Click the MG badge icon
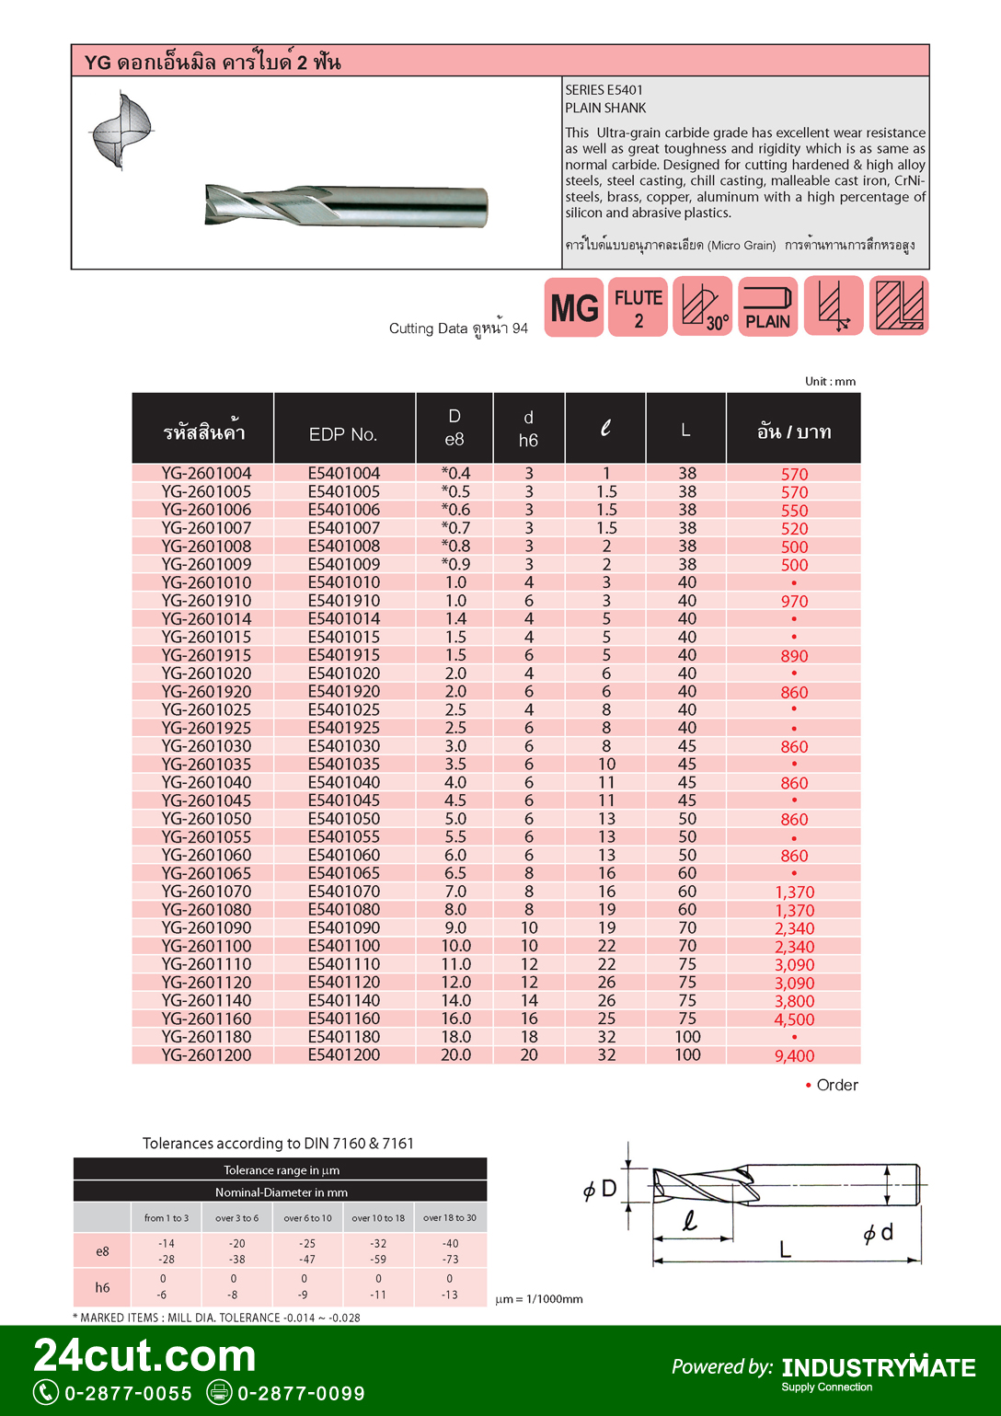click(574, 307)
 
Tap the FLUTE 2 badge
click(638, 307)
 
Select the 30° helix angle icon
click(703, 306)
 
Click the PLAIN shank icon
click(767, 307)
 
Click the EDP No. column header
click(343, 434)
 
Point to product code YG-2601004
click(206, 473)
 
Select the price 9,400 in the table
click(794, 1056)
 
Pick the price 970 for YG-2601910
click(794, 602)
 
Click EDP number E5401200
click(344, 1055)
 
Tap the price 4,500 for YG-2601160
click(794, 1019)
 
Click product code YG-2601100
click(206, 946)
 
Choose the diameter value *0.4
click(455, 473)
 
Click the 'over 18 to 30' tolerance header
click(450, 1218)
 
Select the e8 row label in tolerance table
click(102, 1251)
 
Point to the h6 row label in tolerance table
click(102, 1287)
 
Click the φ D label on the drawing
click(600, 1190)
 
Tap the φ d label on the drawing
click(879, 1234)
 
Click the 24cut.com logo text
click(145, 1356)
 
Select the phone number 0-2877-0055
click(128, 1393)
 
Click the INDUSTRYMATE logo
click(879, 1368)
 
